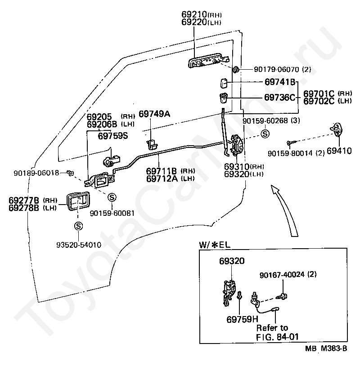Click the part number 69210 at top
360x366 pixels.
pos(194,14)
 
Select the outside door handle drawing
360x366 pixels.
pos(209,60)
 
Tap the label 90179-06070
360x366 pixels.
pos(276,70)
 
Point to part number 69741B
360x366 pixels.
pos(280,82)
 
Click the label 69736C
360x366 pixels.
pos(279,97)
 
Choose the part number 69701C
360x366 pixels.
pos(319,94)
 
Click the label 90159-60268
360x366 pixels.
pos(265,121)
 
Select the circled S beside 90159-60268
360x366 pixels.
pos(265,134)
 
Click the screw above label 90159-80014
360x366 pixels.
pos(291,142)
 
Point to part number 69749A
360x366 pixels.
pos(154,114)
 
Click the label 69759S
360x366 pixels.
pos(113,136)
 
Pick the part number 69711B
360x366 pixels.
pos(162,171)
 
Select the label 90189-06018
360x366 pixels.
pos(36,173)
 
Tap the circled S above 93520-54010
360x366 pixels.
pos(78,226)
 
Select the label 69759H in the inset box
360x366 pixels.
pos(242,319)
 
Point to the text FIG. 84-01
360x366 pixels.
pos(277,337)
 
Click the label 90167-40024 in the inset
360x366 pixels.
pos(282,275)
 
